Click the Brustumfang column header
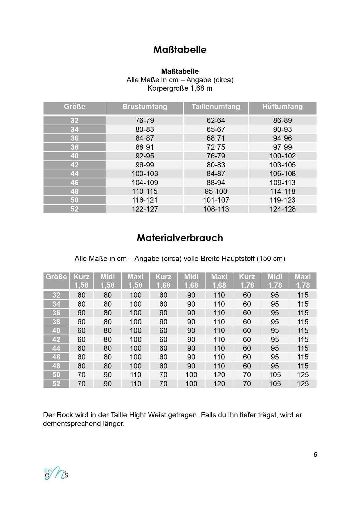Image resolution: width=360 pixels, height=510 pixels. coord(145,107)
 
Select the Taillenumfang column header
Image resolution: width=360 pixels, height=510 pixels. coord(216,107)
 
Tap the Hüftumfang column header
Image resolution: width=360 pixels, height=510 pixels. coord(282,107)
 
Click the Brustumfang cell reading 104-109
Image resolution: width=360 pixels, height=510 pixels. coord(145,182)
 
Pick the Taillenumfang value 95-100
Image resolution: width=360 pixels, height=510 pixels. coord(216,191)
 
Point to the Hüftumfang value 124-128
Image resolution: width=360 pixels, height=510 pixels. coord(282,209)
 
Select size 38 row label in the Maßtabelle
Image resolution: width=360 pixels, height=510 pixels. coord(74,147)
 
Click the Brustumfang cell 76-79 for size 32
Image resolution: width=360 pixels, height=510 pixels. coord(145,120)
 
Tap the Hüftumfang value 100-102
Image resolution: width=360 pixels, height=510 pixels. coord(282,156)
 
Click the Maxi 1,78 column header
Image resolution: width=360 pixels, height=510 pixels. coord(303,281)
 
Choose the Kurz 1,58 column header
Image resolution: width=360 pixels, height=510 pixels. coord(81,281)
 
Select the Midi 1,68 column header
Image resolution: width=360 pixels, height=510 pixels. coord(191,281)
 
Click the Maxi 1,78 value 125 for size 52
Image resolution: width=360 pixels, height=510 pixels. coord(303,384)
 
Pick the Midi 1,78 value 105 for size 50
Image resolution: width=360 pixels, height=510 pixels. coord(275,375)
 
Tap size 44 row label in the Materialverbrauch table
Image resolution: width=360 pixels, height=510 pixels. coord(56,348)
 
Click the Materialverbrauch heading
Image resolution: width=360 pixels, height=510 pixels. coord(180,238)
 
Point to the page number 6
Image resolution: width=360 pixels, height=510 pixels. coord(315,454)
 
